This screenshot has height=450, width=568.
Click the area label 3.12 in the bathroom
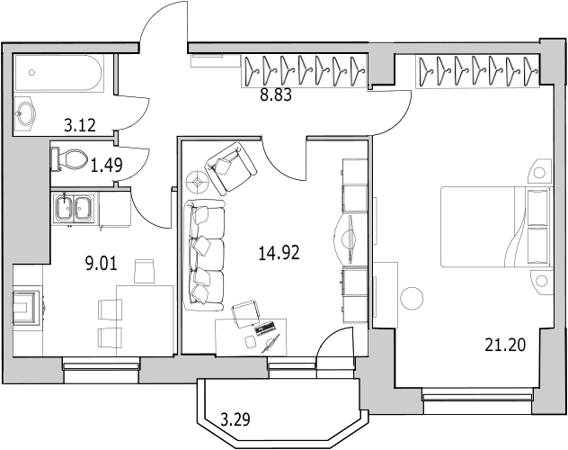coord(80,125)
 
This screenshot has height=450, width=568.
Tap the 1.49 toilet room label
coord(106,166)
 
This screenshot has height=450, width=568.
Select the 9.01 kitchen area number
coord(101,264)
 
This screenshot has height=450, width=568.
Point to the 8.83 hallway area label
coord(276,95)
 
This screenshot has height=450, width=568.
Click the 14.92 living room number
coord(279,253)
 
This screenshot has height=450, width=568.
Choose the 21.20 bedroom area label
coord(505,345)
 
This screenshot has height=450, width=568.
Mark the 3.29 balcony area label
coord(235,420)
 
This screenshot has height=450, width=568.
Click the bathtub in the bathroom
coord(58,73)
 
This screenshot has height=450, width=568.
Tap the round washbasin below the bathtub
coord(24,112)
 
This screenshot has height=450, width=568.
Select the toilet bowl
coord(70,158)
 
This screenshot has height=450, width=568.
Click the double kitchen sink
coord(73,209)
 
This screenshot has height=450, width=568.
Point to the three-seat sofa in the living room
coord(205,256)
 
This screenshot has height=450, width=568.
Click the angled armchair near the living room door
coord(231,166)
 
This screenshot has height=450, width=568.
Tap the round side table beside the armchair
coord(197,181)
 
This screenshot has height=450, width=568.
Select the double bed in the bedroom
coord(495,227)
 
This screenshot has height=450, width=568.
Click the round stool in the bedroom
coord(412,298)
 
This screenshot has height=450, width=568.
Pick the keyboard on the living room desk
coord(266,328)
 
